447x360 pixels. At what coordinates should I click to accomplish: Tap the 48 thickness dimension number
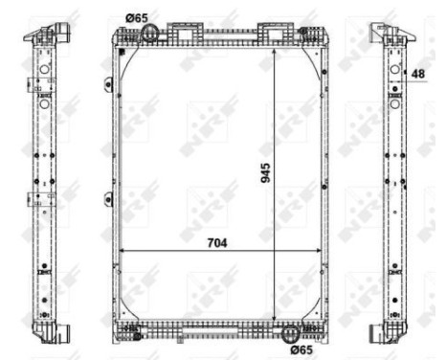(418, 73)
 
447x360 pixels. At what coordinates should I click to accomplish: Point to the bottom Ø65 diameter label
(302, 349)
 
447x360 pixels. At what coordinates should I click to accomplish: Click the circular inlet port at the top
(149, 34)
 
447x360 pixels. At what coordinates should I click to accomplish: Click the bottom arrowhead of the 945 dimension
(276, 322)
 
